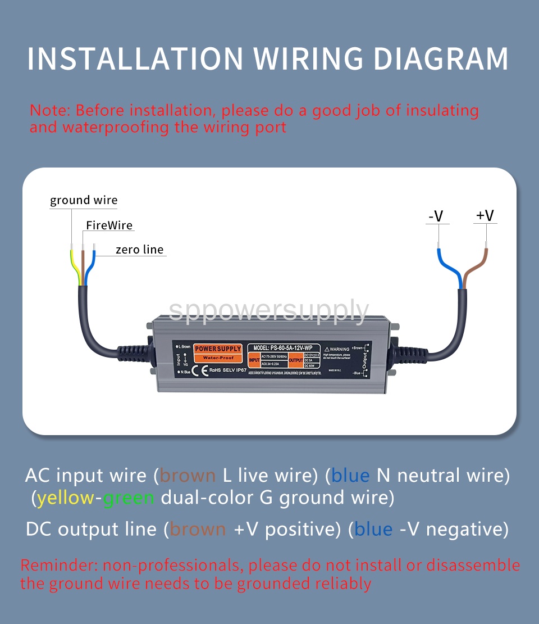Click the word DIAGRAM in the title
point(441,58)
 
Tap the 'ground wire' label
point(84,200)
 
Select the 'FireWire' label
point(109,225)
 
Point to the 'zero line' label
point(140,250)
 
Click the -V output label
point(436,216)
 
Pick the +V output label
point(485,215)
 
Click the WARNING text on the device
point(340,349)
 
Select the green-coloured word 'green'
point(129,498)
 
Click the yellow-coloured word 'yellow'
point(66,498)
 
